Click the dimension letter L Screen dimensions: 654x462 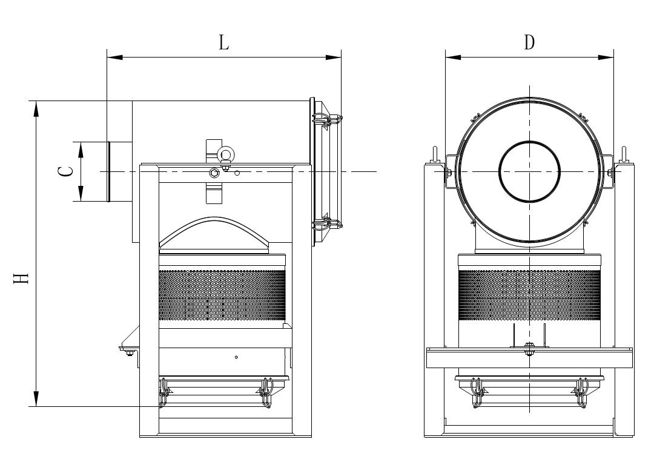224,42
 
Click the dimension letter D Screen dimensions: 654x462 529,42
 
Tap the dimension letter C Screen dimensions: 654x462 66,171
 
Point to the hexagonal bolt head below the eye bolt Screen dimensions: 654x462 214,173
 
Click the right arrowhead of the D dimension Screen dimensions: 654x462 606,57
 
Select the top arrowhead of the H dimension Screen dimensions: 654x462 37,108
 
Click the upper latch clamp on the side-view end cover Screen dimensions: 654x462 327,120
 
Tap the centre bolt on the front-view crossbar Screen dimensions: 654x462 529,348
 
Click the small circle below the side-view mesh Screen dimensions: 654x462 237,357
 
